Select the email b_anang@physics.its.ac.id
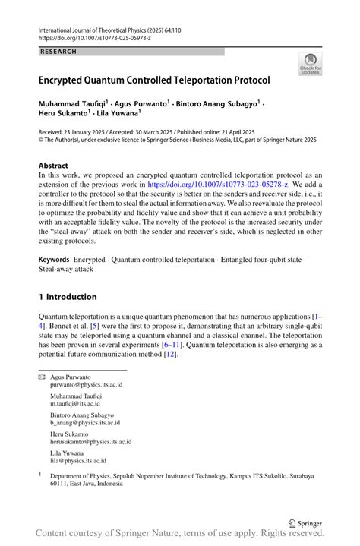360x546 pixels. click(85, 423)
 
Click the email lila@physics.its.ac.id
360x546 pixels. click(77, 460)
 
